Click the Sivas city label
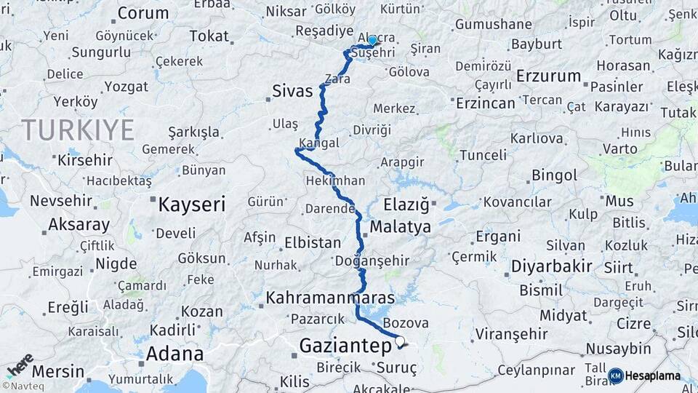292,92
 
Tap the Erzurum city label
548,76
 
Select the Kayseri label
192,204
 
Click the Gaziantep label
345,346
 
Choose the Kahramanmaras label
331,298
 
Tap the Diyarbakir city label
551,266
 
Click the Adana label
174,354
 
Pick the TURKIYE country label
78,130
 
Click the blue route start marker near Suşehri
372,41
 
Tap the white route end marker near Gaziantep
399,341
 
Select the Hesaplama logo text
652,376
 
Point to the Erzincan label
485,103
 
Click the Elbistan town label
313,242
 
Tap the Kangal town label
318,143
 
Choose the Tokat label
209,36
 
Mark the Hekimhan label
335,180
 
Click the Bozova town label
405,322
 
